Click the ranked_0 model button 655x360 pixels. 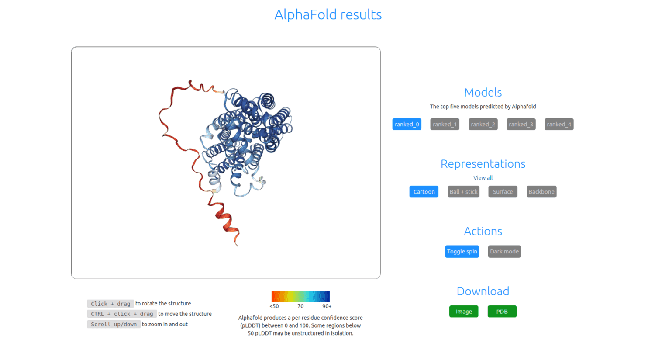point(407,125)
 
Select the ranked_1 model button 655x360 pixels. point(445,125)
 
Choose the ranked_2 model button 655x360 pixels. point(483,125)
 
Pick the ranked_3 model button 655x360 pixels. point(521,125)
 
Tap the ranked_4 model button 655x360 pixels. point(559,125)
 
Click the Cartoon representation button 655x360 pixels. point(424,192)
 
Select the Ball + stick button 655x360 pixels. point(463,192)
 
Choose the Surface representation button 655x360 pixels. point(503,192)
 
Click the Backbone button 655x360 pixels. point(541,192)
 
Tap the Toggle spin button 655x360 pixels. point(462,252)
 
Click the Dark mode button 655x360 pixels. point(504,252)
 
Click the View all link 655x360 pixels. point(483,178)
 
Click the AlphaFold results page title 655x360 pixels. point(328,15)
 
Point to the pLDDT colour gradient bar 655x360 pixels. point(300,296)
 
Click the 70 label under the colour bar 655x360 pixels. point(300,306)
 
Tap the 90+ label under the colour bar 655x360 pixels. point(327,306)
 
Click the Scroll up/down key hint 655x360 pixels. point(114,324)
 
